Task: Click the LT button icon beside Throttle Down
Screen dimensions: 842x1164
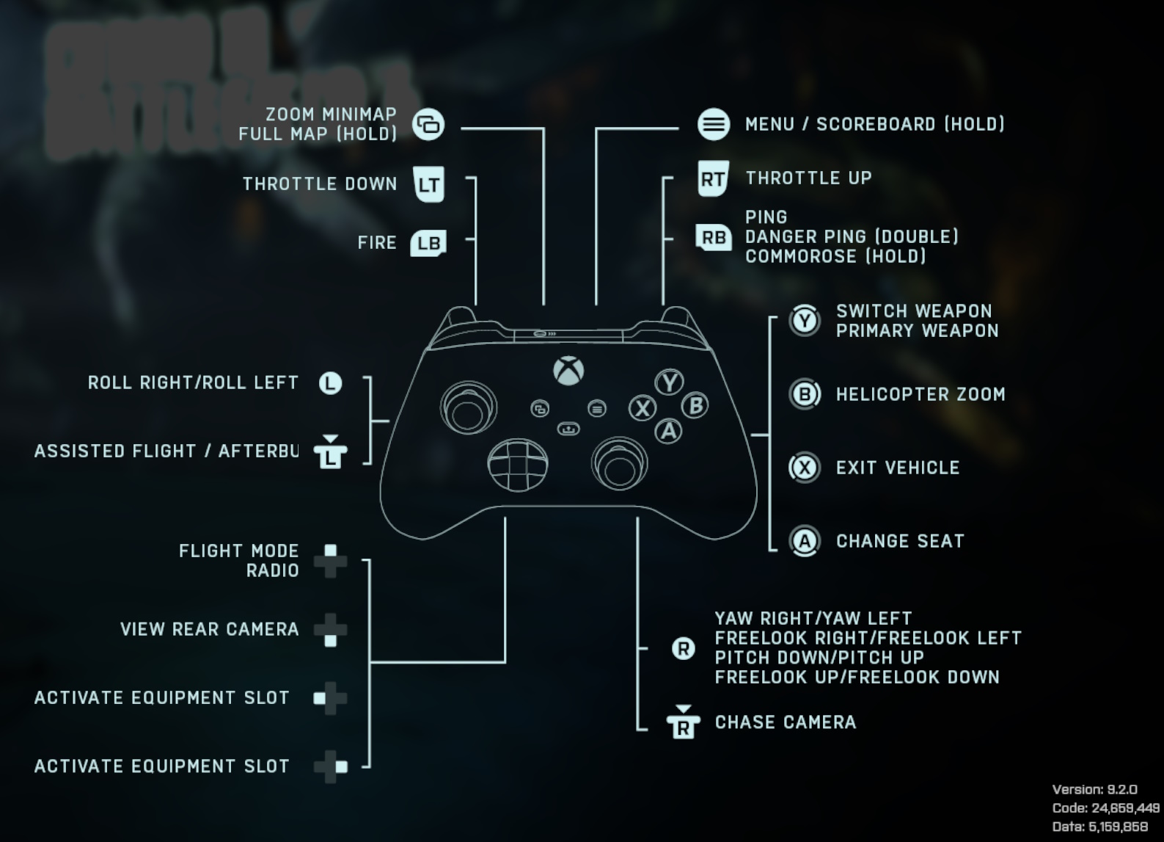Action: (428, 184)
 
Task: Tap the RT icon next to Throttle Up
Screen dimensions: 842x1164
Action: (713, 178)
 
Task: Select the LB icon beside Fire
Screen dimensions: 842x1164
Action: (428, 243)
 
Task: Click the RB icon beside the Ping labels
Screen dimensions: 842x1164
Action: (713, 238)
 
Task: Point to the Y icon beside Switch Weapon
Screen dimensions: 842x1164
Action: (805, 321)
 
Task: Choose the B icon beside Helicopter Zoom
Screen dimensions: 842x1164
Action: (805, 394)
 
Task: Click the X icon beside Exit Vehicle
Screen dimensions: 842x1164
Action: (805, 468)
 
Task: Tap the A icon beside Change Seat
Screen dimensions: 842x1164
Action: (805, 541)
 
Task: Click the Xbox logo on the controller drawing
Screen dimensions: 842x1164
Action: (568, 371)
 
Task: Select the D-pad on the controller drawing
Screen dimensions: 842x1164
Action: (518, 465)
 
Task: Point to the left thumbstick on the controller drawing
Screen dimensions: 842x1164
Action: (468, 408)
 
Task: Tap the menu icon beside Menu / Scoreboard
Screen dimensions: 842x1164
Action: (713, 124)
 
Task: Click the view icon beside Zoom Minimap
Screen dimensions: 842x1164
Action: (428, 124)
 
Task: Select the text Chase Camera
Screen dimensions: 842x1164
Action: (786, 722)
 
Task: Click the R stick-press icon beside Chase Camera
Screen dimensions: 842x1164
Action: (683, 722)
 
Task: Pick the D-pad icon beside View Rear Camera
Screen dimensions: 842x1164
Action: (330, 630)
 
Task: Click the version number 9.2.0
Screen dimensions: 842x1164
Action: (1121, 790)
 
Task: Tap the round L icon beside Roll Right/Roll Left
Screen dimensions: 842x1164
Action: (330, 382)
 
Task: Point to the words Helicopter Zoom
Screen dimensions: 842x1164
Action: (920, 394)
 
